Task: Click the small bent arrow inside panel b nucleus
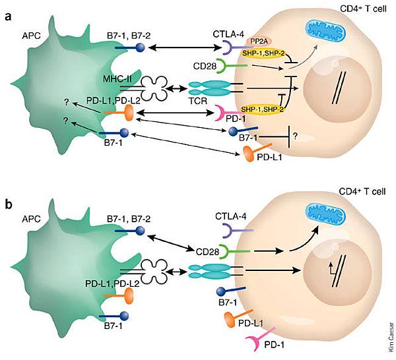click(x=325, y=267)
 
